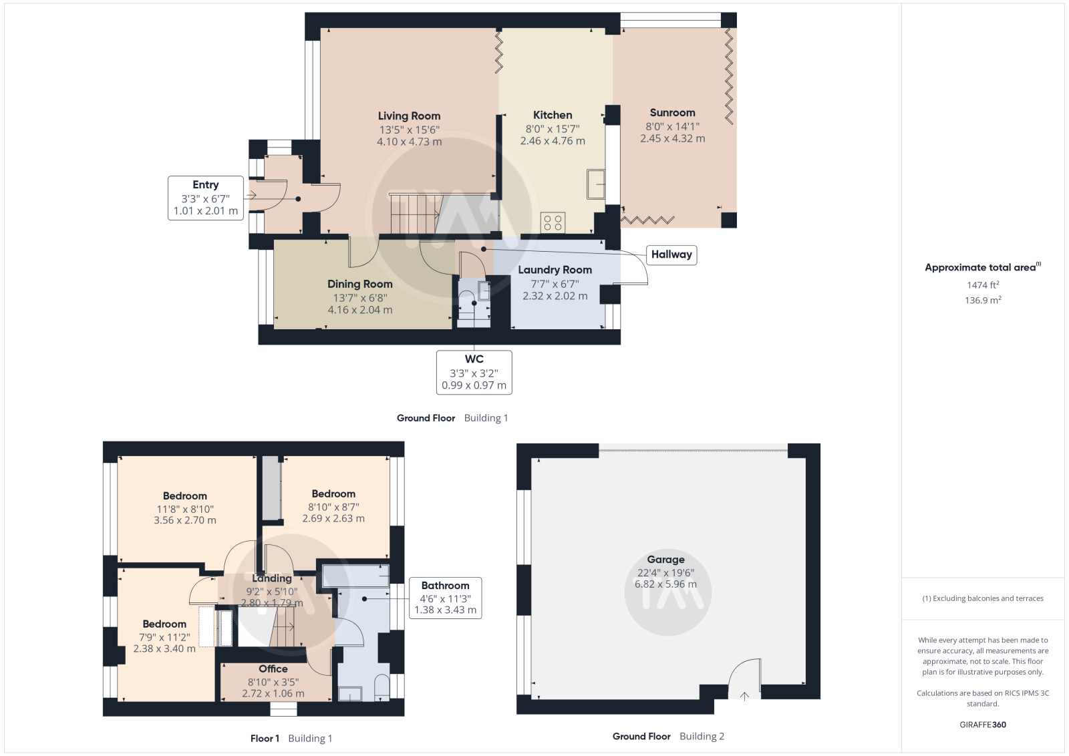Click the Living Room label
point(409,116)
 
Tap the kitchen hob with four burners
point(553,222)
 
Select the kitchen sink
point(596,184)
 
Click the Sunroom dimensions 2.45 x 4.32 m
point(672,138)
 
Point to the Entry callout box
point(206,198)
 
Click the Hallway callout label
point(671,254)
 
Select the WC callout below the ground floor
point(474,373)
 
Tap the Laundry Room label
point(555,270)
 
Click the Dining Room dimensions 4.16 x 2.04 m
point(360,310)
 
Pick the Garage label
point(665,560)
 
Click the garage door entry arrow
point(744,697)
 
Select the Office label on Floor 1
point(273,669)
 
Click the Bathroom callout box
point(445,598)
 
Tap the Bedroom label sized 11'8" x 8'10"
point(184,496)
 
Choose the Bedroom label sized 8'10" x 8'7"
point(333,494)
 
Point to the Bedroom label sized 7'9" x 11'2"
point(164,624)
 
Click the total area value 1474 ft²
point(983,285)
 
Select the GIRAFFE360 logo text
point(983,725)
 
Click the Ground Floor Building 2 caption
point(668,736)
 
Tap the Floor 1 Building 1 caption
point(291,739)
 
